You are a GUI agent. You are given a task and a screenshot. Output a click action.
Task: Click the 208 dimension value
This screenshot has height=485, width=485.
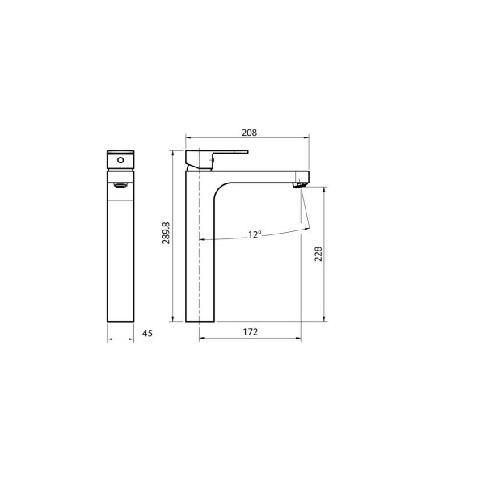pyautogui.click(x=249, y=133)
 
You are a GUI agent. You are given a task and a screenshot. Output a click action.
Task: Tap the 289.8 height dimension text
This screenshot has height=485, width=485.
pyautogui.click(x=166, y=233)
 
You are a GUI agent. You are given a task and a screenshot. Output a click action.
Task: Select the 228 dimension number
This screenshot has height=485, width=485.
pyautogui.click(x=318, y=254)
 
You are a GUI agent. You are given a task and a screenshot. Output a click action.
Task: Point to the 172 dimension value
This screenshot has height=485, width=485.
pyautogui.click(x=251, y=332)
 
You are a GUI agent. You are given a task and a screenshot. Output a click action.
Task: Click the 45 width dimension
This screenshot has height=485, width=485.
pyautogui.click(x=147, y=333)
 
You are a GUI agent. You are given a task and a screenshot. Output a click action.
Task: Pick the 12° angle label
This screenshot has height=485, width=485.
pyautogui.click(x=255, y=234)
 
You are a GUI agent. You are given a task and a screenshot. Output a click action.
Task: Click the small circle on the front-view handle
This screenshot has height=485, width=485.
pyautogui.click(x=120, y=160)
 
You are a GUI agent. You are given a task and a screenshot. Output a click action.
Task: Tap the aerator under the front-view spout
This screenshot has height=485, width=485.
pyautogui.click(x=120, y=186)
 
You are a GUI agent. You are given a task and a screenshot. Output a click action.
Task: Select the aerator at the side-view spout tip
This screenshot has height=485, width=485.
pyautogui.click(x=299, y=185)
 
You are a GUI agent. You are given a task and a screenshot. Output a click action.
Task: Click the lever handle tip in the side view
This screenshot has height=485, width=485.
pyautogui.click(x=247, y=152)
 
